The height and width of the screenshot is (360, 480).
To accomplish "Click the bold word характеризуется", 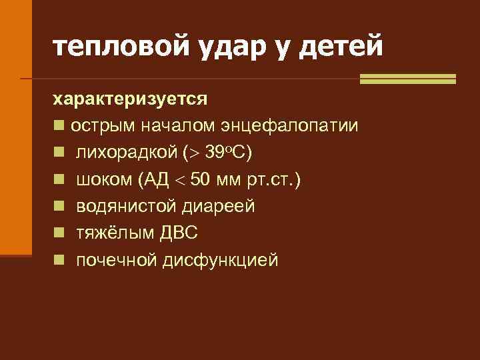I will (x=131, y=99).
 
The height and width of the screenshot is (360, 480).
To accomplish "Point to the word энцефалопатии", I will (x=293, y=126).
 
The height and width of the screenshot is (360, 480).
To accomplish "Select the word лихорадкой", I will (x=125, y=153).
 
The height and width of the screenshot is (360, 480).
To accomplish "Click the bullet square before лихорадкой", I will (x=59, y=153).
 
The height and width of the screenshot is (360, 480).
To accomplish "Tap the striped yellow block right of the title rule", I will (x=407, y=79).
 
